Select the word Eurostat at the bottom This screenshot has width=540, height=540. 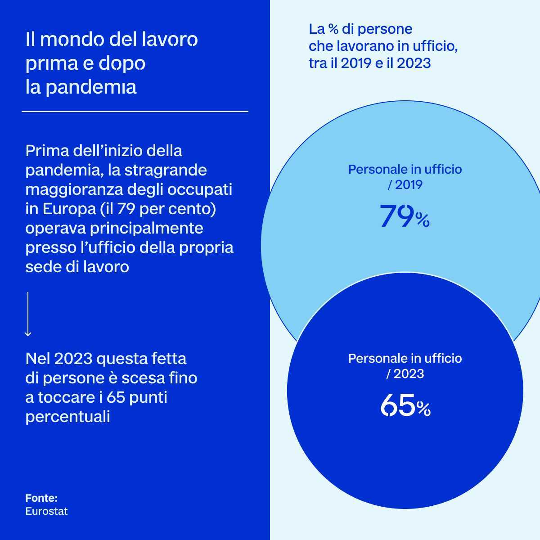[47, 511]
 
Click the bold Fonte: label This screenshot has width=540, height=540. [41, 498]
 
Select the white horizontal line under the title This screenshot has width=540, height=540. [135, 111]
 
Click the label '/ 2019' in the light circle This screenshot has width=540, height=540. [405, 184]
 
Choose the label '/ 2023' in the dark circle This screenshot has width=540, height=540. [405, 373]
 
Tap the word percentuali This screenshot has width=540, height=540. [68, 417]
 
